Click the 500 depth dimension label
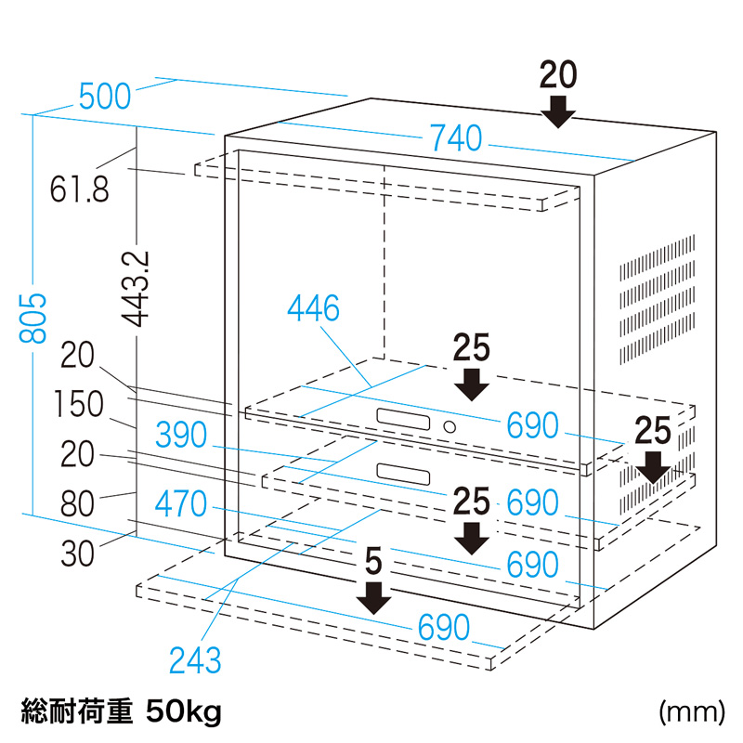(108, 96)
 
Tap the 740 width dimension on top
(455, 139)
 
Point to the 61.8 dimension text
(80, 189)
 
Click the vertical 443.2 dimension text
(138, 286)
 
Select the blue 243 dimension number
(195, 660)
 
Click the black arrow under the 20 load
(558, 111)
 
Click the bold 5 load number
(373, 561)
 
